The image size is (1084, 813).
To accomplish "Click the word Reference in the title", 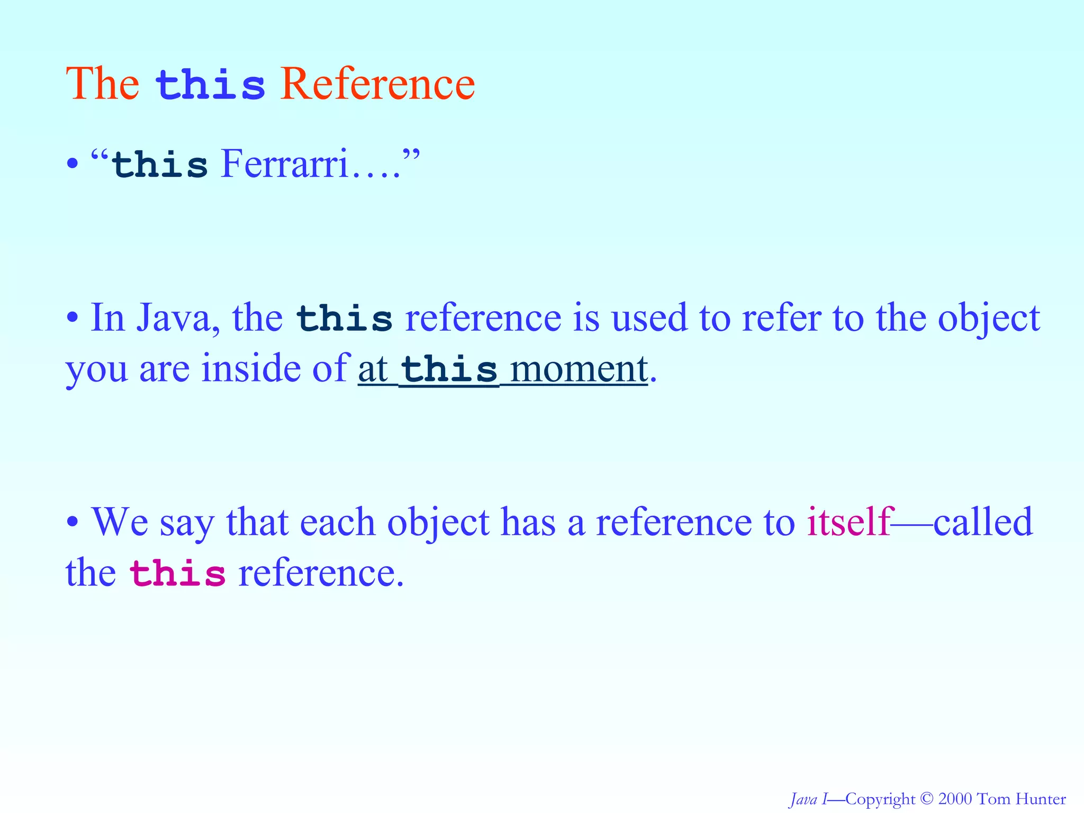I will click(x=377, y=85).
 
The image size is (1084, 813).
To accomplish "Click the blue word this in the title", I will click(x=210, y=86).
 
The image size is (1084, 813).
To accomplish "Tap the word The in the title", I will click(x=102, y=85).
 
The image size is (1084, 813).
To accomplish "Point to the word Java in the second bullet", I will click(x=173, y=319).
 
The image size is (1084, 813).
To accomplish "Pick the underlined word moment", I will click(x=579, y=369).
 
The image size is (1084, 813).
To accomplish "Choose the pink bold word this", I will click(x=178, y=575).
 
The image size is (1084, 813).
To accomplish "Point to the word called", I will click(x=983, y=522).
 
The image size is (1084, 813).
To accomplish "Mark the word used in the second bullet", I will click(x=649, y=319).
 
